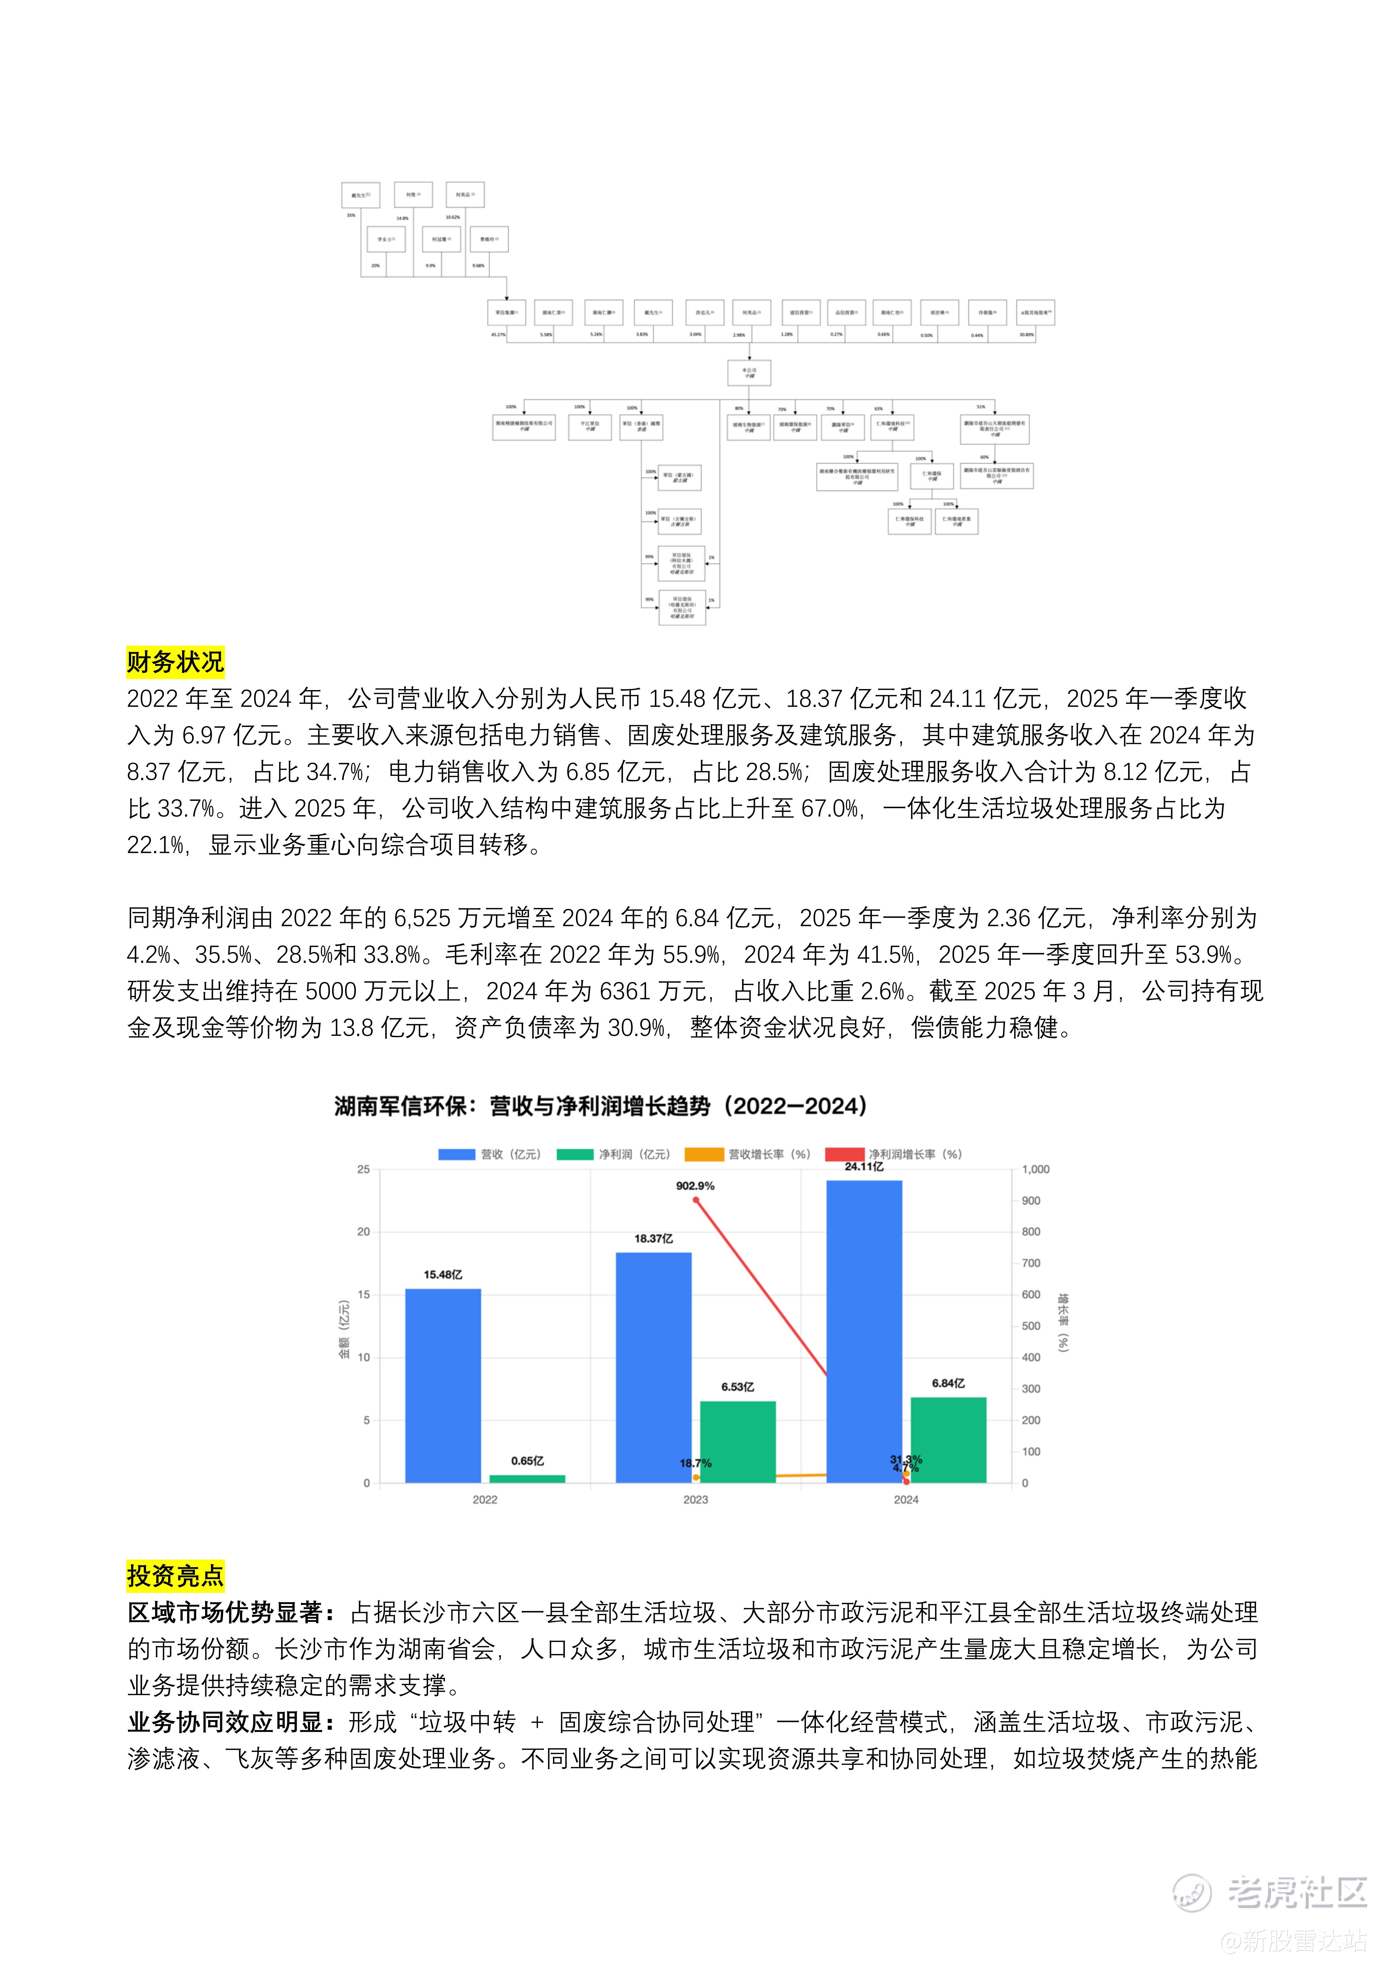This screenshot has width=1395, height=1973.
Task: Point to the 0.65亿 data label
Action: (x=527, y=1461)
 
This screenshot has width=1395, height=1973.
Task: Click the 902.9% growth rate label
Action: (x=694, y=1186)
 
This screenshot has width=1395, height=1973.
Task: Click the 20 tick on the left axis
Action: (x=364, y=1231)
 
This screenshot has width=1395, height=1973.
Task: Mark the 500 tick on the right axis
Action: (x=1030, y=1326)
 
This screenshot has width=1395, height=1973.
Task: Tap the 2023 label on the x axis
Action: (x=695, y=1499)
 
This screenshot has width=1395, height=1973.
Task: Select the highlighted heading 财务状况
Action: (x=175, y=662)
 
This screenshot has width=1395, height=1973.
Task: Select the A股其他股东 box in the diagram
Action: (x=1035, y=313)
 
